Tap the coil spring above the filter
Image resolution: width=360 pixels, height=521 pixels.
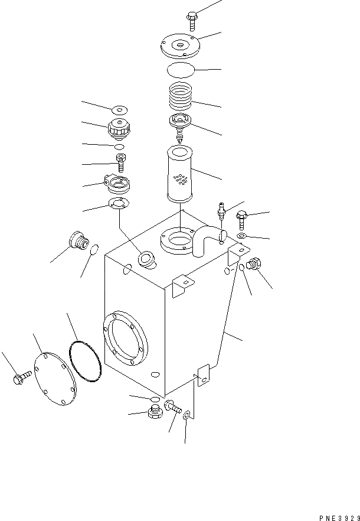pyautogui.click(x=181, y=97)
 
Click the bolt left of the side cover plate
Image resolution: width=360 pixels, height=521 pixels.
pyautogui.click(x=21, y=376)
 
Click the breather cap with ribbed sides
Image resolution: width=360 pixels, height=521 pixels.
pyautogui.click(x=119, y=128)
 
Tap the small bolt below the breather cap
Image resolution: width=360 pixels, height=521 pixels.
pyautogui.click(x=121, y=161)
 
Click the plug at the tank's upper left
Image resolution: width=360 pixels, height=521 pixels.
pyautogui.click(x=77, y=241)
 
